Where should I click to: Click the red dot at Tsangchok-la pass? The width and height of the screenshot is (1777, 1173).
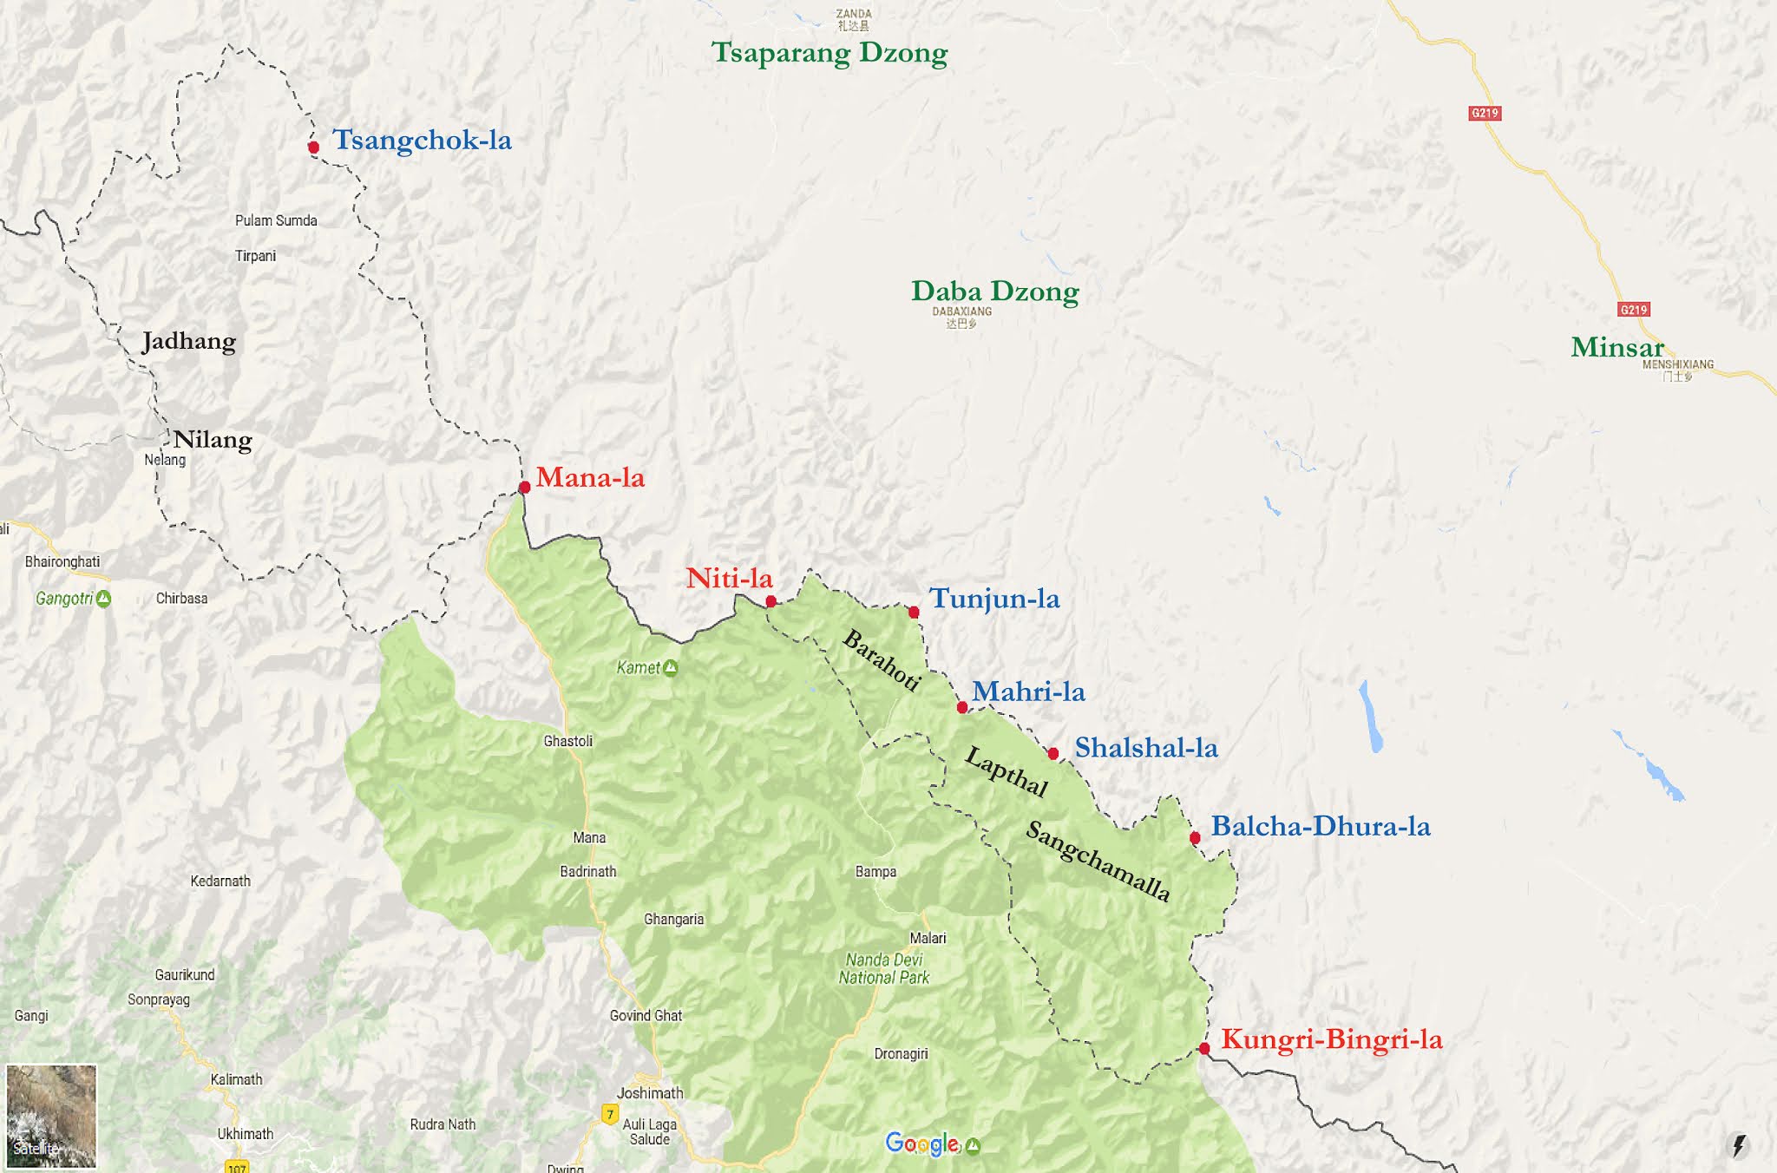[314, 147]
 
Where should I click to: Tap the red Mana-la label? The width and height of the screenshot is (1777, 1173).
[590, 477]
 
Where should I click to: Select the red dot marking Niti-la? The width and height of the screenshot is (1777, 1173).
[770, 601]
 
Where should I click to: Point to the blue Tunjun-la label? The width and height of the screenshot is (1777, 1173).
[994, 599]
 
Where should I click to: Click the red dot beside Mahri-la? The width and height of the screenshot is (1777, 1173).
[962, 708]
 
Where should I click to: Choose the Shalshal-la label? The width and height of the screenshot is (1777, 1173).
[1146, 748]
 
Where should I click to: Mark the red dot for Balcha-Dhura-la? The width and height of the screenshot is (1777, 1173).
[1195, 838]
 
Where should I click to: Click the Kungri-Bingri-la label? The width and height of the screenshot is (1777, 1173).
[1331, 1039]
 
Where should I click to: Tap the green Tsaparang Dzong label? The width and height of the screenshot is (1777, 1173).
[829, 53]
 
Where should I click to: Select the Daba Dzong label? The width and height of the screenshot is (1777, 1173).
[994, 292]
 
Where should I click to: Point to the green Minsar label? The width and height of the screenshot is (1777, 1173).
[1616, 348]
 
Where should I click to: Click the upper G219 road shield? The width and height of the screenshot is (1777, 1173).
[1485, 113]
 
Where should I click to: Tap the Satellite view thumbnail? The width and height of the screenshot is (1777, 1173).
[51, 1116]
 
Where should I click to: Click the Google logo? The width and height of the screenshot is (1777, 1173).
[922, 1144]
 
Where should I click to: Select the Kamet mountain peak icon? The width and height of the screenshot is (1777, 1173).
[671, 668]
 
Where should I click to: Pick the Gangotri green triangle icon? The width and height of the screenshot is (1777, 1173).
[104, 599]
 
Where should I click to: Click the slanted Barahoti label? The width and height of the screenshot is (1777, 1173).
[881, 661]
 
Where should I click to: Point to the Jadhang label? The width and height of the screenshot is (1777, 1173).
[189, 342]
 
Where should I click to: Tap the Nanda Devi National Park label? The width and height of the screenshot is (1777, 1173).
[884, 969]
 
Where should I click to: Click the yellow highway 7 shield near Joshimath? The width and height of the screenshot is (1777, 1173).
[610, 1114]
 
